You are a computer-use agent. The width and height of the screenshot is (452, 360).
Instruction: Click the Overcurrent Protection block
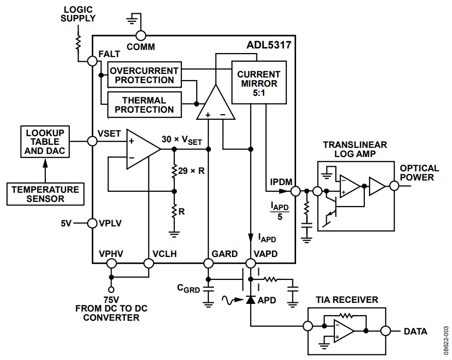click(x=144, y=74)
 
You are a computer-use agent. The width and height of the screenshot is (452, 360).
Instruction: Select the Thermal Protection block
click(x=144, y=105)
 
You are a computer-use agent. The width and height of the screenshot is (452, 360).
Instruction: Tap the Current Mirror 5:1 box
click(x=259, y=83)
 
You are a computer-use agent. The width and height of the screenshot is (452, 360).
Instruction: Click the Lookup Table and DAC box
click(x=45, y=142)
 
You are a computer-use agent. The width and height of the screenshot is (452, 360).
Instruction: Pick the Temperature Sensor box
click(x=45, y=194)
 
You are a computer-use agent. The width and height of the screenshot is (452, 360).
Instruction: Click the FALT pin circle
click(x=92, y=61)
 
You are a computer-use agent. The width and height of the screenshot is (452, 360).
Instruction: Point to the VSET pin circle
click(x=92, y=141)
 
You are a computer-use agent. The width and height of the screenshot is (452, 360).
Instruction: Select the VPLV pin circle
click(x=92, y=223)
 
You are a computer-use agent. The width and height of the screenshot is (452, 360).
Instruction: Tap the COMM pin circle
click(x=141, y=36)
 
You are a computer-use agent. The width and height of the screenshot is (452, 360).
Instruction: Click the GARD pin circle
click(x=208, y=263)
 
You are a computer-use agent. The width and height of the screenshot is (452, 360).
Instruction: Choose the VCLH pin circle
click(x=149, y=263)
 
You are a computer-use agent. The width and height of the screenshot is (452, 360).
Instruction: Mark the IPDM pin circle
click(x=296, y=191)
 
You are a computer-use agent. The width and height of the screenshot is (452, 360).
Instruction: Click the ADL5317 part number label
click(x=269, y=45)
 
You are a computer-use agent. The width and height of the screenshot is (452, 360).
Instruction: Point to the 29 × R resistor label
click(x=192, y=171)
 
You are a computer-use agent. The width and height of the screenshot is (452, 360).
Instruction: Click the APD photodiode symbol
click(x=251, y=300)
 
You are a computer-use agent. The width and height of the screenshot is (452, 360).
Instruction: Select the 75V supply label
click(x=111, y=300)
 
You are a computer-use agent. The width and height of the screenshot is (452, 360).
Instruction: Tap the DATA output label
click(x=415, y=331)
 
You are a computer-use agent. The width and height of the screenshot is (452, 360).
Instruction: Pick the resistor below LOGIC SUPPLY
click(x=78, y=43)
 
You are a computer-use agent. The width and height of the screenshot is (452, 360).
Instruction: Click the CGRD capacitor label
click(x=188, y=288)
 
